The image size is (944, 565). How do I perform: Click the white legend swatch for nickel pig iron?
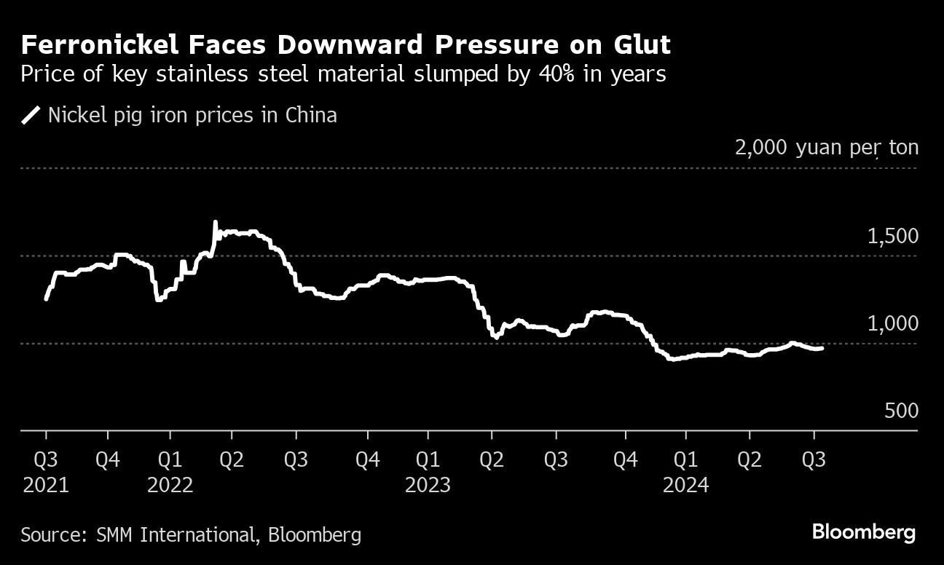pyautogui.click(x=31, y=115)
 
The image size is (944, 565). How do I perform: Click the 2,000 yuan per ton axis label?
pyautogui.click(x=826, y=148)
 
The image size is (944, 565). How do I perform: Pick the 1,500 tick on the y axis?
pyautogui.click(x=892, y=237)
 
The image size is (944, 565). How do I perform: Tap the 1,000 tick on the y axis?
pyautogui.click(x=892, y=324)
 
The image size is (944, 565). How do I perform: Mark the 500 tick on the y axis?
pyautogui.click(x=901, y=411)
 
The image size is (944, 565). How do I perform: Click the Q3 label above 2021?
pyautogui.click(x=46, y=460)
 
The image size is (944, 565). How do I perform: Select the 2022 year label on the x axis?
pyautogui.click(x=170, y=485)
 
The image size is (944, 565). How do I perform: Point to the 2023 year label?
pyautogui.click(x=428, y=485)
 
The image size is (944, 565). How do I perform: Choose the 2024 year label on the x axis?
pyautogui.click(x=685, y=485)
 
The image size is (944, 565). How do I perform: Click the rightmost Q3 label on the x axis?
pyautogui.click(x=814, y=460)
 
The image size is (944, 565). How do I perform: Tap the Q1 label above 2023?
pyautogui.click(x=428, y=460)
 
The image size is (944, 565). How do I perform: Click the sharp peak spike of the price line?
pyautogui.click(x=215, y=222)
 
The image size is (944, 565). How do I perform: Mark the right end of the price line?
pyautogui.click(x=822, y=349)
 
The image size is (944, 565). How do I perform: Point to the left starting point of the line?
pyautogui.click(x=47, y=299)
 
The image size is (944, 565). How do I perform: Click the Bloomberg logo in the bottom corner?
pyautogui.click(x=863, y=533)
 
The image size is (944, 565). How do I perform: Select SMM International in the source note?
pyautogui.click(x=174, y=535)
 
